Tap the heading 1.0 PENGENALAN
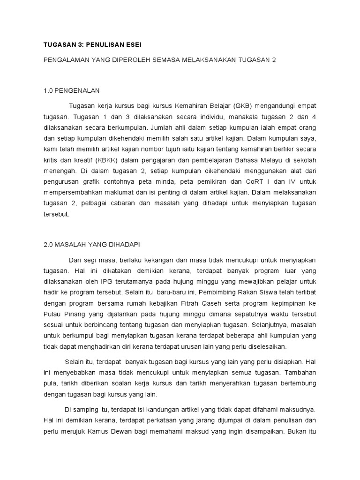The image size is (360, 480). pos(72,90)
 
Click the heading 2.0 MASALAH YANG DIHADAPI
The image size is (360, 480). pos(91,244)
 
